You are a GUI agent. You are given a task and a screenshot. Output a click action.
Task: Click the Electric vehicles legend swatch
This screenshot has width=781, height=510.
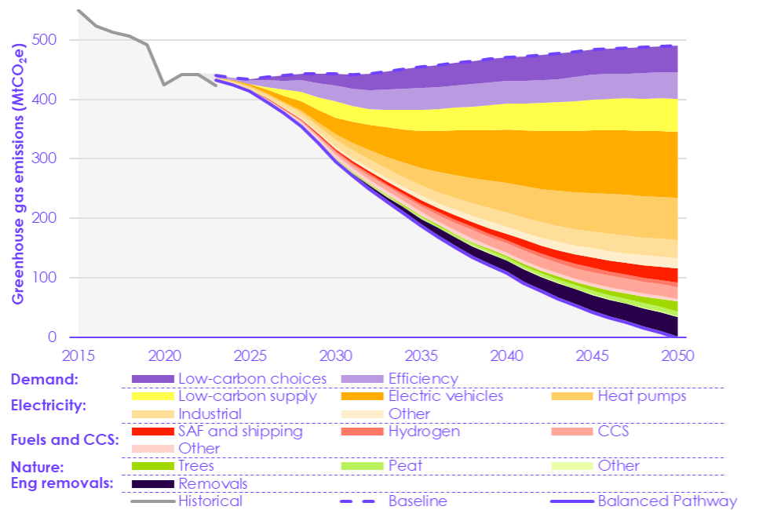tap(362, 396)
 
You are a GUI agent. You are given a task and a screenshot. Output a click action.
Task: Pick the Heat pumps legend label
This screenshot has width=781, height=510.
tap(642, 396)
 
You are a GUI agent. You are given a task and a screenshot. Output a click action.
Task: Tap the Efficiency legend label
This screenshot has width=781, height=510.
tap(423, 379)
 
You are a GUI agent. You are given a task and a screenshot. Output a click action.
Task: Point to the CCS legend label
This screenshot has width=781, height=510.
tap(613, 432)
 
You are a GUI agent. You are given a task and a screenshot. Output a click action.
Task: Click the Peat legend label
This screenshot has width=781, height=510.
tap(405, 466)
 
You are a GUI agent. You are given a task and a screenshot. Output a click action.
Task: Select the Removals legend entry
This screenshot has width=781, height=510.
tap(213, 484)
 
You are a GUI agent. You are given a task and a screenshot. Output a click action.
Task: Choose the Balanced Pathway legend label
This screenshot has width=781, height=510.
tap(667, 501)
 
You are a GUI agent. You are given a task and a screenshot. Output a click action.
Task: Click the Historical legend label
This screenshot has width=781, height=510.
tap(210, 501)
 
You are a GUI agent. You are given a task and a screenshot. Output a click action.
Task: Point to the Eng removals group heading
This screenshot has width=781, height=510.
tap(61, 483)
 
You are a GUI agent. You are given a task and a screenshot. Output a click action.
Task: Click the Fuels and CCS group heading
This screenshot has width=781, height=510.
tap(64, 439)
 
